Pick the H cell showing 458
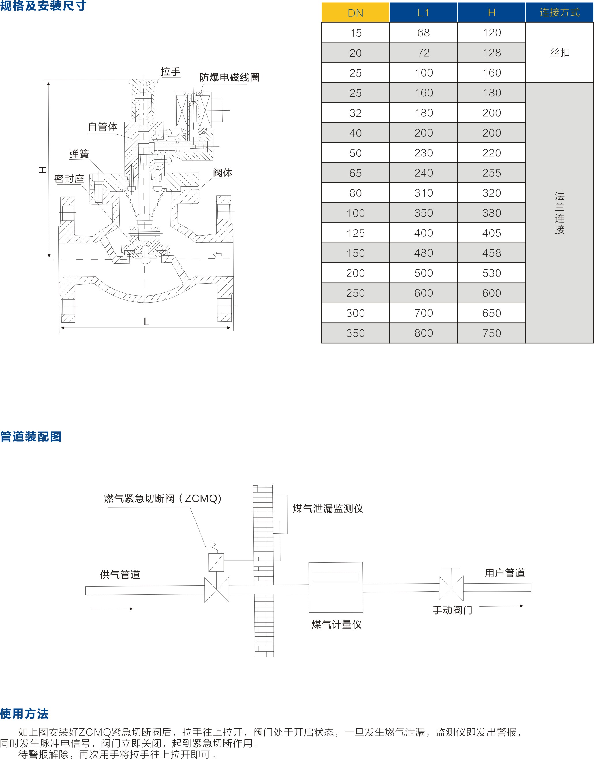[x=491, y=253]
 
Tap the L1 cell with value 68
[x=423, y=33]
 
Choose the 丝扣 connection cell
[x=560, y=53]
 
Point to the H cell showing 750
[x=491, y=333]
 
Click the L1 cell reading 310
[x=423, y=193]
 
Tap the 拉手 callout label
[x=170, y=72]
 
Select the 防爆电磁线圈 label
[x=229, y=77]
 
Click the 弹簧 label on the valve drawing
[x=79, y=154]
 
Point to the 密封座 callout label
[x=69, y=179]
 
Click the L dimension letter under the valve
[x=146, y=322]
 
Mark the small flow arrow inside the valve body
[x=217, y=255]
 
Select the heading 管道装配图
[x=31, y=437]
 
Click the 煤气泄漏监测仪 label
[x=328, y=509]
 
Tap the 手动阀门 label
[x=452, y=610]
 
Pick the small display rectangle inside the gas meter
[x=335, y=577]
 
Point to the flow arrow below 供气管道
[x=111, y=609]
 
